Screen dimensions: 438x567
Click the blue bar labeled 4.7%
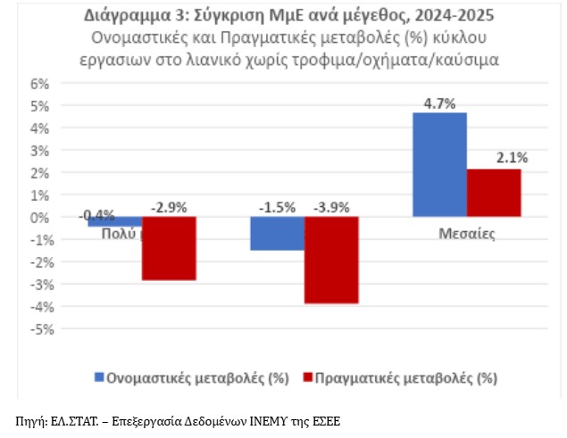pyautogui.click(x=439, y=164)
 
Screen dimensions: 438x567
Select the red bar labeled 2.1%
pyautogui.click(x=494, y=193)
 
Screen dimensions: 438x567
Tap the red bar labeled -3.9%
pyautogui.click(x=331, y=260)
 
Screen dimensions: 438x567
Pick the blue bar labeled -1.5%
pyautogui.click(x=277, y=233)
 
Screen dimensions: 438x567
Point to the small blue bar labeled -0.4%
pyautogui.click(x=114, y=221)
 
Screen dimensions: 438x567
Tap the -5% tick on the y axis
pyautogui.click(x=41, y=328)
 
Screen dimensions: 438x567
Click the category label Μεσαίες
pyautogui.click(x=466, y=235)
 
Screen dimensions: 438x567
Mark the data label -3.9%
pyautogui.click(x=330, y=208)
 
